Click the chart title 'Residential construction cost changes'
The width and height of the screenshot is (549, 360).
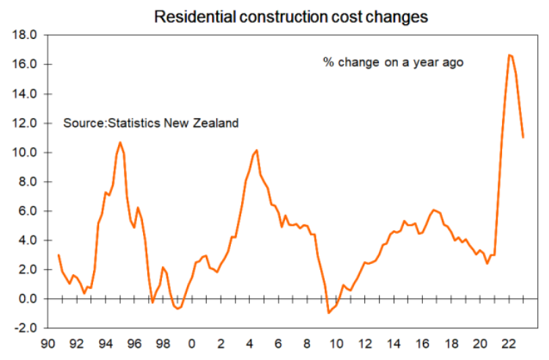point(290,16)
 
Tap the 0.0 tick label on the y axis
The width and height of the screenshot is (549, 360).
point(28,299)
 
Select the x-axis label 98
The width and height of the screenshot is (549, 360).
point(162,343)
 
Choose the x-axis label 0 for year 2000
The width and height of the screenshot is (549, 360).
point(191,343)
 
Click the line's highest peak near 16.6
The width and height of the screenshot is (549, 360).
point(508,55)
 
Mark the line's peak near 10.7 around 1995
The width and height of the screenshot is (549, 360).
point(120,142)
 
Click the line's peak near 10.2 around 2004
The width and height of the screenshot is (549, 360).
point(256,150)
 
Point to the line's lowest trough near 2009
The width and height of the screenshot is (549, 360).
point(329,313)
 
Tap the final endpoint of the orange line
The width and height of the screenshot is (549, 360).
point(523,137)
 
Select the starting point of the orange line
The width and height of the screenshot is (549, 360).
point(58,255)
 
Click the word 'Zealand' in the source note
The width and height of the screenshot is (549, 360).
point(217,123)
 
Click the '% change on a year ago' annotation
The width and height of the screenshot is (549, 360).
point(393,62)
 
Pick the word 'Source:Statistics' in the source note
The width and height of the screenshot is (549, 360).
point(108,123)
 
